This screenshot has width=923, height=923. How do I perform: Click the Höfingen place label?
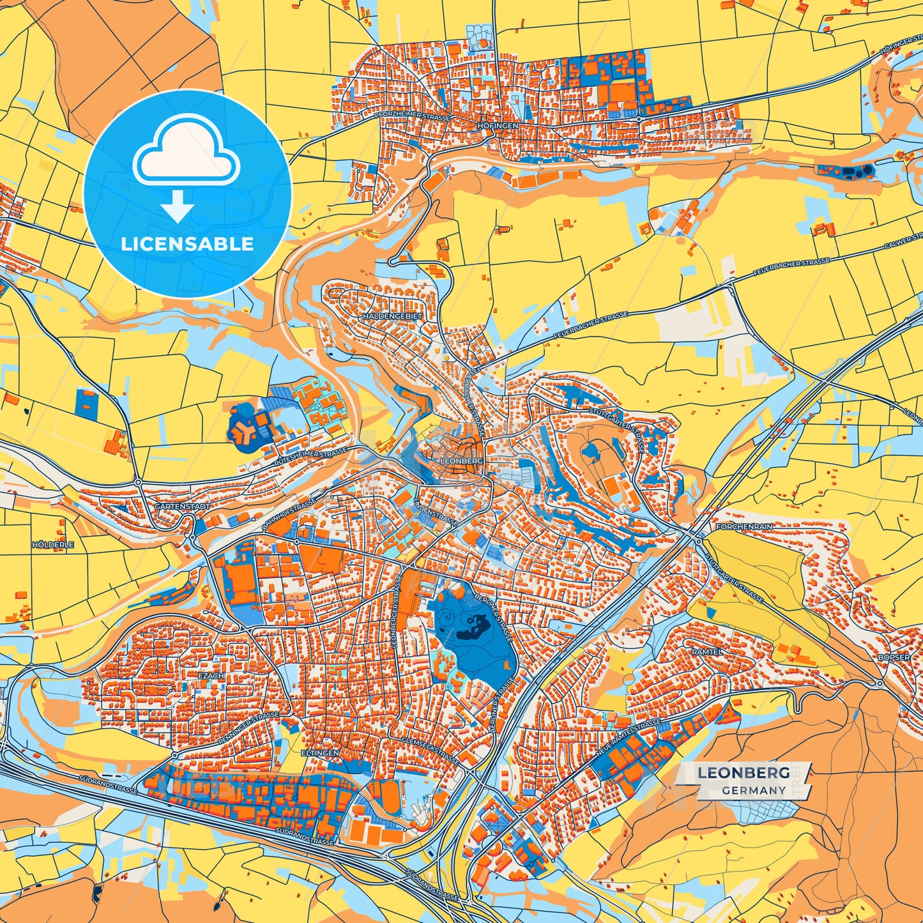pos(498,126)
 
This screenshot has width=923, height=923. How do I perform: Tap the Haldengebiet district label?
pos(392,316)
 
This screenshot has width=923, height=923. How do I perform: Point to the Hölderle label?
pos(53,545)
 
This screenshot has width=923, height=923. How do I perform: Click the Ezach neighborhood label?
pos(211,675)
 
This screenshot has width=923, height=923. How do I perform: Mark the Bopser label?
pos(894,657)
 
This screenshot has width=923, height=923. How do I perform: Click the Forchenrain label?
pos(744,527)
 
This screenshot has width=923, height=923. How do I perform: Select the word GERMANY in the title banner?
pos(754,790)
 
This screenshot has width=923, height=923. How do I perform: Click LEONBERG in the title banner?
pos(743,773)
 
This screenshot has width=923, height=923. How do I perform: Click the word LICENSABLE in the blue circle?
pos(187,244)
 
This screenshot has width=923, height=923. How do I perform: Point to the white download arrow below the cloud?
pos(178,207)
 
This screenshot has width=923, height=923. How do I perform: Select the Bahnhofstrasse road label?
pos(289,515)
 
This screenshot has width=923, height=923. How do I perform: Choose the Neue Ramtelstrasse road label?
pos(627,739)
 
